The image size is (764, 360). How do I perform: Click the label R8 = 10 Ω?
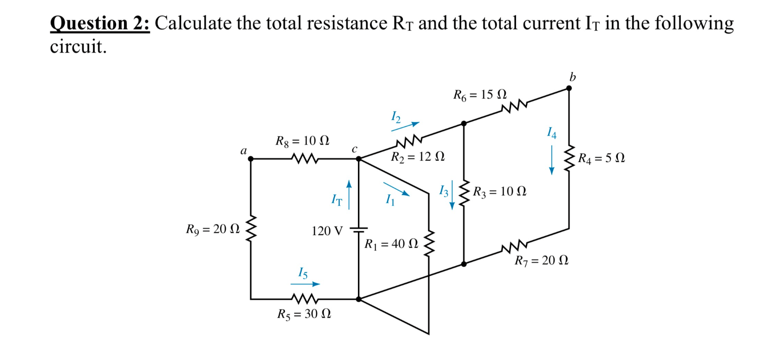click(302, 140)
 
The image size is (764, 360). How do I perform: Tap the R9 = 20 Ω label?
click(213, 229)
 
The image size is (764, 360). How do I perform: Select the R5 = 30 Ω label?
click(304, 315)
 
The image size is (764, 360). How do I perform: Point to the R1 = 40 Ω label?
click(391, 244)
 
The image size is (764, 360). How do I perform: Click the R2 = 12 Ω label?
click(418, 156)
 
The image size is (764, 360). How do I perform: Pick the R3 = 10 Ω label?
click(499, 191)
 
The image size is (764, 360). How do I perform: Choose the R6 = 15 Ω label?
click(480, 95)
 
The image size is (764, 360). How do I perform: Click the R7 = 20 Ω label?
click(542, 261)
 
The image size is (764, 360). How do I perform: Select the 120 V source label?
click(327, 230)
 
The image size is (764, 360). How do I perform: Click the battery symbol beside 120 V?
click(358, 230)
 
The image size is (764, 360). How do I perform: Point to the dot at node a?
click(251, 159)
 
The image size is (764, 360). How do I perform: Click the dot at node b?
click(569, 88)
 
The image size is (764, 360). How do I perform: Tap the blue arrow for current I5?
click(305, 284)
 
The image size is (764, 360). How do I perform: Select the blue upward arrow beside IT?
click(349, 194)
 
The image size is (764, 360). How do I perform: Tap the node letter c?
click(354, 149)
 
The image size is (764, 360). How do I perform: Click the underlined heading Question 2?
click(100, 23)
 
